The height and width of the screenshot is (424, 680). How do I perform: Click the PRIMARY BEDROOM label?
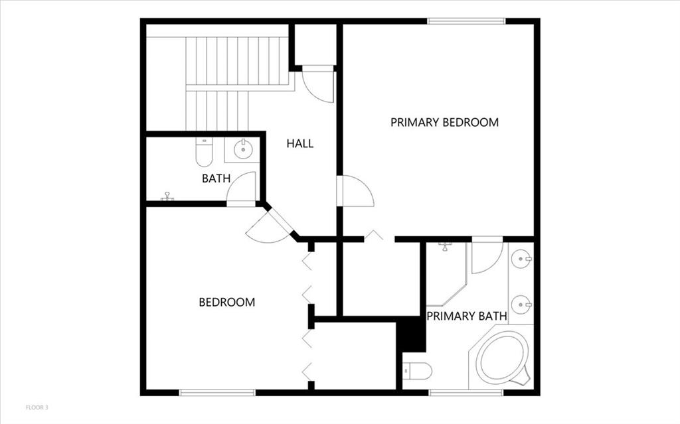pyautogui.click(x=444, y=122)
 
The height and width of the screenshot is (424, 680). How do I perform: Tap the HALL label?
pyautogui.click(x=299, y=143)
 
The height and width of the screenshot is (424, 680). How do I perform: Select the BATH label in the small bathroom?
pyautogui.click(x=216, y=178)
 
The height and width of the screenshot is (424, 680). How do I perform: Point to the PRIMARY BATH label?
pyautogui.click(x=467, y=316)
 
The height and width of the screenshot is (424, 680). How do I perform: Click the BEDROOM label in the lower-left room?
pyautogui.click(x=227, y=302)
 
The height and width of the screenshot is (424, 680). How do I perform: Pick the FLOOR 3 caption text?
pyautogui.click(x=37, y=407)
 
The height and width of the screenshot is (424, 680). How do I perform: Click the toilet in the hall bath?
pyautogui.click(x=204, y=152)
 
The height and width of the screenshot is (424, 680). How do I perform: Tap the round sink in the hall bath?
pyautogui.click(x=243, y=149)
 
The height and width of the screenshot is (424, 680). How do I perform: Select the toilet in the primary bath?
pyautogui.click(x=417, y=371)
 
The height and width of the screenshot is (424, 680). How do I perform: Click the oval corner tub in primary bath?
pyautogui.click(x=503, y=358)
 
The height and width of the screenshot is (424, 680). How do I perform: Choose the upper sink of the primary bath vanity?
pyautogui.click(x=521, y=259)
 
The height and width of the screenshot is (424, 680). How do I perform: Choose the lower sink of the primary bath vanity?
pyautogui.click(x=521, y=305)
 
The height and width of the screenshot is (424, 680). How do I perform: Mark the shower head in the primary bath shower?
pyautogui.click(x=444, y=246)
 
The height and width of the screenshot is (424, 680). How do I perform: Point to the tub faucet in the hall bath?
pyautogui.click(x=167, y=197)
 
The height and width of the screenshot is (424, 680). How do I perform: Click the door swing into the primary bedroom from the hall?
pyautogui.click(x=355, y=190)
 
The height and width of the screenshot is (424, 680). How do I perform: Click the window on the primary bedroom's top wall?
pyautogui.click(x=466, y=21)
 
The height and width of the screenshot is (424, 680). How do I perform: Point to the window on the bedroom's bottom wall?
pyautogui.click(x=217, y=393)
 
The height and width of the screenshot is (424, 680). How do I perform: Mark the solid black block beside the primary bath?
pyautogui.click(x=411, y=334)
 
